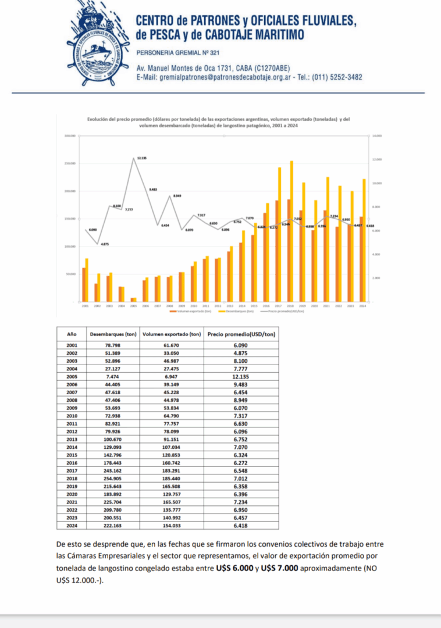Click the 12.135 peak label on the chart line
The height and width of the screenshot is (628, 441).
(x=142, y=158)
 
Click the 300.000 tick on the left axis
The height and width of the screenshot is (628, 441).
(x=71, y=136)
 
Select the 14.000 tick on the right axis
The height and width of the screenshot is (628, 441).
(x=376, y=136)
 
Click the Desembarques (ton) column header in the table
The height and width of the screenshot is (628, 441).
(x=112, y=334)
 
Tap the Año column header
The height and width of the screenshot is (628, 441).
(x=72, y=334)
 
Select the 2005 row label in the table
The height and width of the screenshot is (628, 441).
(x=72, y=377)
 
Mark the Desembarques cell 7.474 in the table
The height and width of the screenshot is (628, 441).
(x=112, y=377)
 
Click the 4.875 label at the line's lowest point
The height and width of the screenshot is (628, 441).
(x=104, y=244)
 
